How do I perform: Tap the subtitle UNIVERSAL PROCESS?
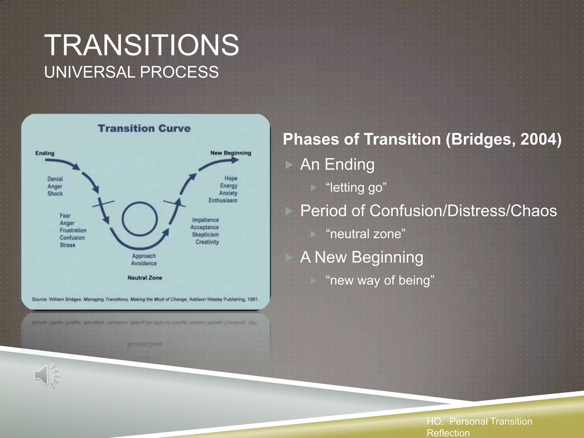pyautogui.click(x=131, y=72)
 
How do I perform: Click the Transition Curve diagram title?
pyautogui.click(x=144, y=128)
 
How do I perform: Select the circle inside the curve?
pyautogui.click(x=139, y=219)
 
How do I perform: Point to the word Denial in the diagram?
pyautogui.click(x=55, y=179)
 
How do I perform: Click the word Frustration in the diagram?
pyautogui.click(x=73, y=230)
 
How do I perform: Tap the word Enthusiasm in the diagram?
pyautogui.click(x=223, y=200)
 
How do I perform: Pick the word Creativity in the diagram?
pyautogui.click(x=207, y=242)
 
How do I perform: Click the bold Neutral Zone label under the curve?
pyautogui.click(x=145, y=278)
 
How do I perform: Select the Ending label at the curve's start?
pyautogui.click(x=45, y=153)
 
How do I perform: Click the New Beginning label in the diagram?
pyautogui.click(x=231, y=153)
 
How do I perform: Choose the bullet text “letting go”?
pyautogui.click(x=356, y=188)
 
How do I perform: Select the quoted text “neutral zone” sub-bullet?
pyautogui.click(x=366, y=234)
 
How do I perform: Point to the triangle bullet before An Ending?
pyautogui.click(x=289, y=165)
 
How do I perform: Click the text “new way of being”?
pyautogui.click(x=380, y=280)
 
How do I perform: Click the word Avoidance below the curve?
pyautogui.click(x=144, y=263)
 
